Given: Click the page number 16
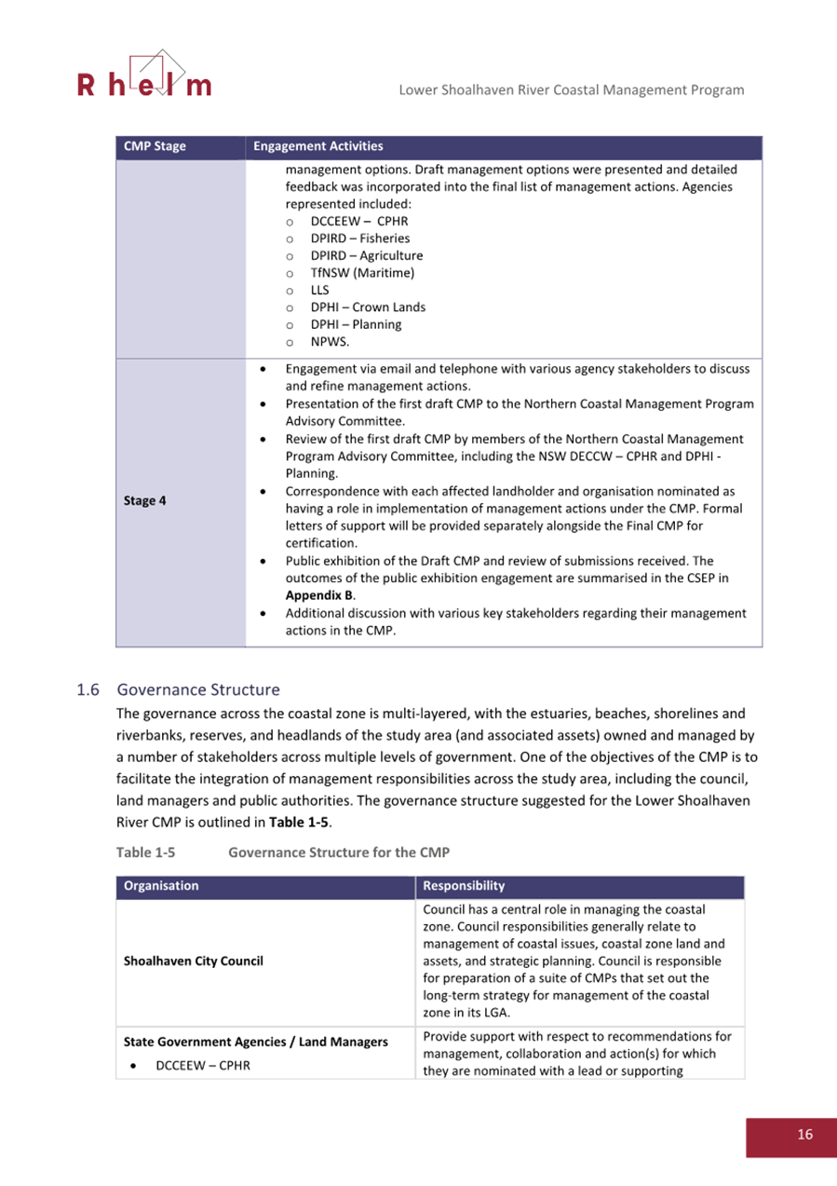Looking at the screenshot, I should [804, 1134].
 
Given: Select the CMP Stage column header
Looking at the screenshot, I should [155, 146].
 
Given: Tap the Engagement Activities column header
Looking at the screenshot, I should [317, 146].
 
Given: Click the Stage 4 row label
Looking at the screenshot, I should [145, 500].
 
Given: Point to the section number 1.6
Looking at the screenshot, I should [88, 690].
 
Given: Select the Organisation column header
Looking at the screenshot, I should [161, 886].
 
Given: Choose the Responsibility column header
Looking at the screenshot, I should [464, 886].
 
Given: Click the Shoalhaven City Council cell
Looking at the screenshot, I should [194, 961].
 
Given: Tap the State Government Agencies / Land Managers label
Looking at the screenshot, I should [256, 1042].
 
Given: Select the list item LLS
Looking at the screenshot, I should [319, 290].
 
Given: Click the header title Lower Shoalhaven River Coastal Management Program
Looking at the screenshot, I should [571, 89].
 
